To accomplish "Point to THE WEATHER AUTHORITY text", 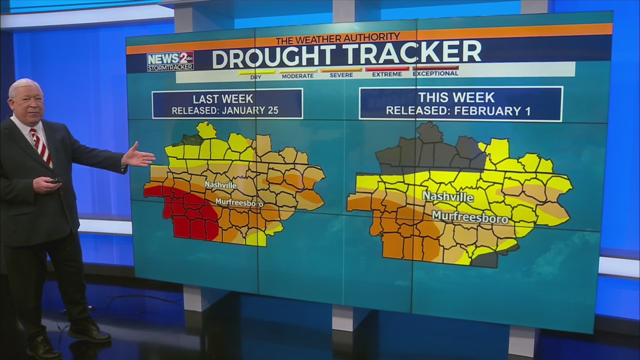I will coord(338,39).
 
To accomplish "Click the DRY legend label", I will coord(256,77).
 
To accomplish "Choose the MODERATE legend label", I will coord(298,76).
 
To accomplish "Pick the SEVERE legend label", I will coord(341,75).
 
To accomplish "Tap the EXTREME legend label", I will coord(387,74).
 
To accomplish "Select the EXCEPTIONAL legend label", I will coord(435,73).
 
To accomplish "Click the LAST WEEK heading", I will coord(223,99).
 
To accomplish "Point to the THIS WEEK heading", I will coord(457,97).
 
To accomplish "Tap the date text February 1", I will coord(492,111).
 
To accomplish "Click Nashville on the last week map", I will coord(221,185).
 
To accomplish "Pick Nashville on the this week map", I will coord(448,196).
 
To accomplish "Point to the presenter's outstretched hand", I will coord(139,156).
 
